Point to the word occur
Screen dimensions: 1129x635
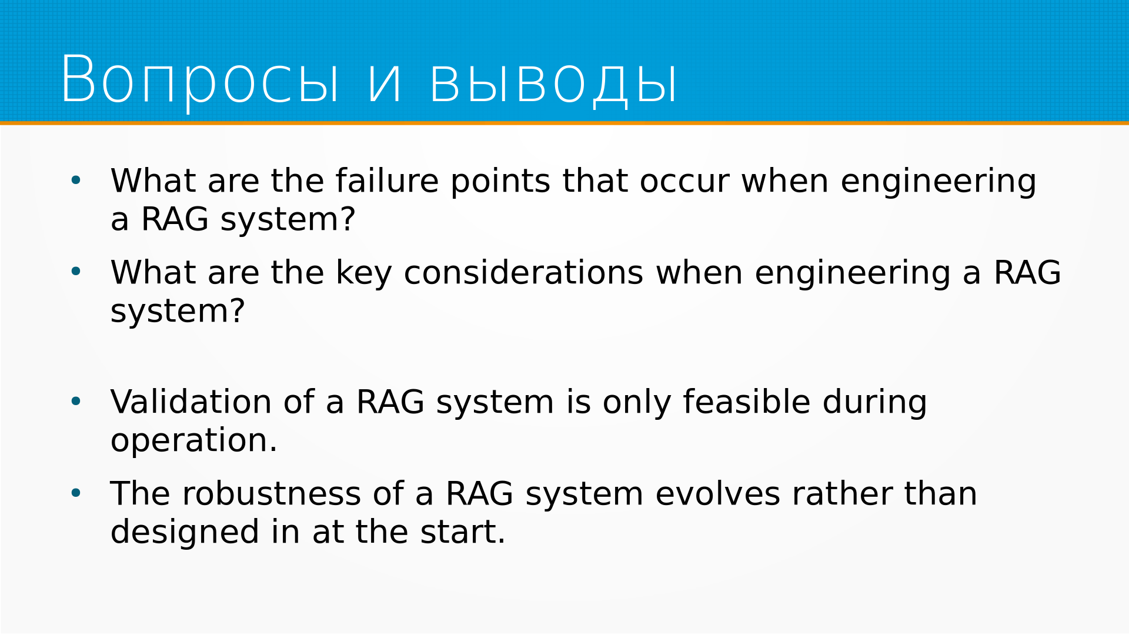point(684,182)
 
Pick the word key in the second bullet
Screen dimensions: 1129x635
point(363,273)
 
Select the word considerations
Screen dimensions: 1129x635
point(523,273)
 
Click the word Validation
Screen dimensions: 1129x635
point(191,402)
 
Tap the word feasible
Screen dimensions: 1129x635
point(747,402)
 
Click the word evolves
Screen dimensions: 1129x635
point(717,494)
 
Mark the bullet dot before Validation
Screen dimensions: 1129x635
point(76,402)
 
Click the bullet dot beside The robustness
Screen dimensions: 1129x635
point(76,493)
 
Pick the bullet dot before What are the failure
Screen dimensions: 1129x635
point(76,180)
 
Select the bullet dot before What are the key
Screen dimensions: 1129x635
point(76,272)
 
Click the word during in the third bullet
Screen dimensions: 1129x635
point(875,402)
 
